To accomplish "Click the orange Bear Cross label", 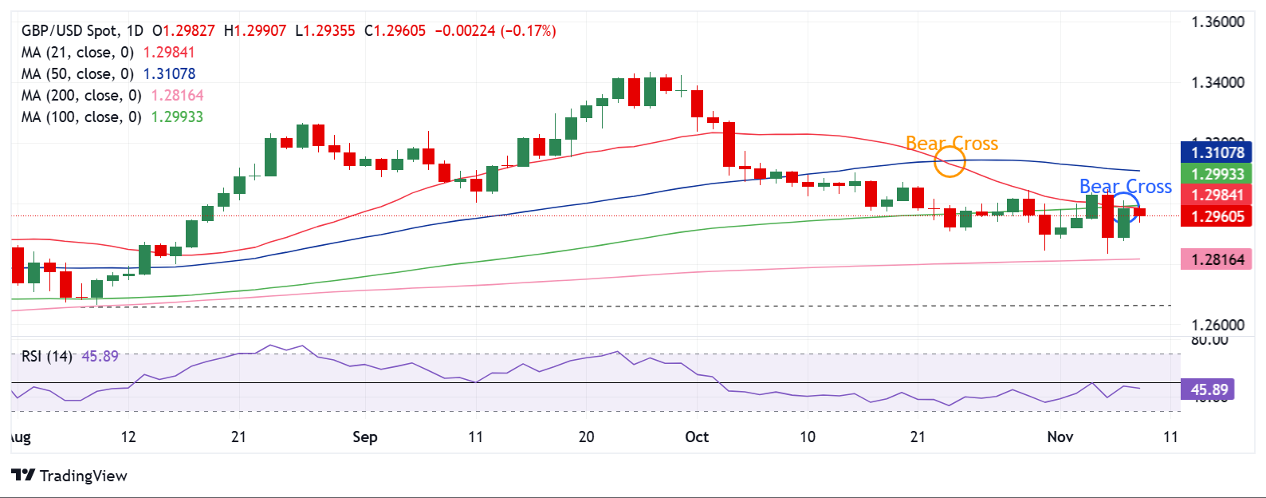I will coord(952,144).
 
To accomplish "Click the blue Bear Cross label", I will coord(1125,187).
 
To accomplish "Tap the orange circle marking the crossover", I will coord(949,163).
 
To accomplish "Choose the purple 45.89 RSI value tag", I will coord(1209,389).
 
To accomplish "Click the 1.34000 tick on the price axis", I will coord(1217,83).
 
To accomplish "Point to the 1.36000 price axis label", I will coord(1217,22).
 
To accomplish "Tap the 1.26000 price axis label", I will coord(1217,326).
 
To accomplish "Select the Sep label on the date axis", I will coord(364,437).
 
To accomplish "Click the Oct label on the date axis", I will coord(697,437).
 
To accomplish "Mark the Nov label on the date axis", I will coord(1060,437).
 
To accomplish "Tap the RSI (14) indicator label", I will coord(47,356).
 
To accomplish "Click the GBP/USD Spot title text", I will coord(69,31).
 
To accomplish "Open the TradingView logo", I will coord(69,476).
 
